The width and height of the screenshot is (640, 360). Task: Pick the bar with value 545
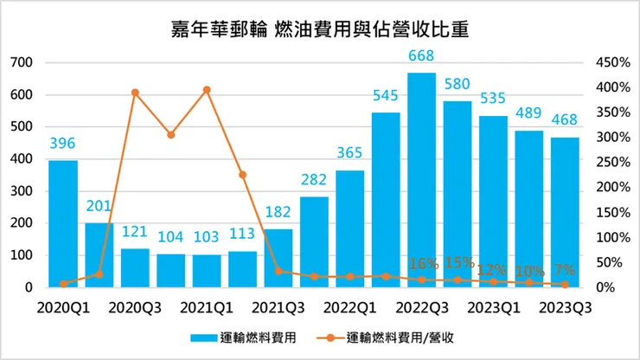386,200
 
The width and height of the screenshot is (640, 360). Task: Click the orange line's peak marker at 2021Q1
207,90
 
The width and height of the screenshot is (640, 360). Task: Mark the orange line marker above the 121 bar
135,93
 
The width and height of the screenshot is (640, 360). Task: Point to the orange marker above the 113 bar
242,175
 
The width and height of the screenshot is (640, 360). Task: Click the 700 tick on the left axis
22,63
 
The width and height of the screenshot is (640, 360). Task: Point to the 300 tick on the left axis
22,191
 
